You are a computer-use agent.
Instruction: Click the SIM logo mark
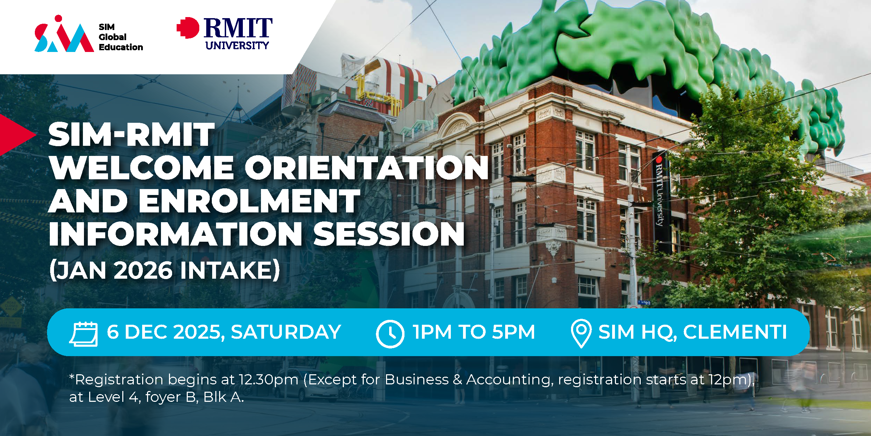point(64,33)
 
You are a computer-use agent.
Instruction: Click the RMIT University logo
point(225,33)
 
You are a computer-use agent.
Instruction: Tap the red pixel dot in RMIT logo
point(188,28)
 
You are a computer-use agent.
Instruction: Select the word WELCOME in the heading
point(142,168)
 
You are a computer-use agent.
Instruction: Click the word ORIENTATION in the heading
point(367,168)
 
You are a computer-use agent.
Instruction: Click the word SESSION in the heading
point(389,234)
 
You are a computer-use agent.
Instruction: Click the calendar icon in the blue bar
point(84,334)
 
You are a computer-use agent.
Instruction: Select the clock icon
point(390,334)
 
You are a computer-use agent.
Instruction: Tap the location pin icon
point(581,333)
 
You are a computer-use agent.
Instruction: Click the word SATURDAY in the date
point(286,332)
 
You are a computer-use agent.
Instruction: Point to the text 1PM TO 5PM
point(474,332)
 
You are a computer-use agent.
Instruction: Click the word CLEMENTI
point(735,332)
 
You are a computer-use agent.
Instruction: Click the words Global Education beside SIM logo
point(121,42)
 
